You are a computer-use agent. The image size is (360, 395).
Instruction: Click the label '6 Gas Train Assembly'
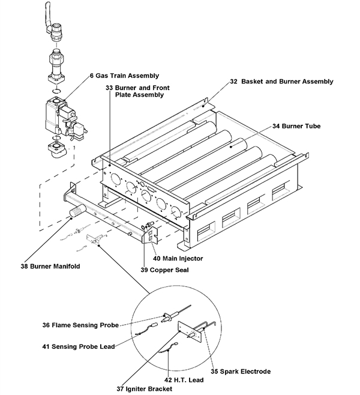pos(124,76)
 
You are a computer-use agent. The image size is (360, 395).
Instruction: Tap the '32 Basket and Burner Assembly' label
pos(281,81)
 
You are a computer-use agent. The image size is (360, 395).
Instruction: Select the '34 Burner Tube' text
pos(296,127)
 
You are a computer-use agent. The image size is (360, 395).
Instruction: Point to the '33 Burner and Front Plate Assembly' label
pos(137,91)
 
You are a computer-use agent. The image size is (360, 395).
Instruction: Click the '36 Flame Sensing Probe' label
pos(78,326)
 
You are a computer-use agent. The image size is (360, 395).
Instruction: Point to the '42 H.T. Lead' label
pos(184,379)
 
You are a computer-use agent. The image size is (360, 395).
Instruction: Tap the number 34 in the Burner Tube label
pos(277,127)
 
